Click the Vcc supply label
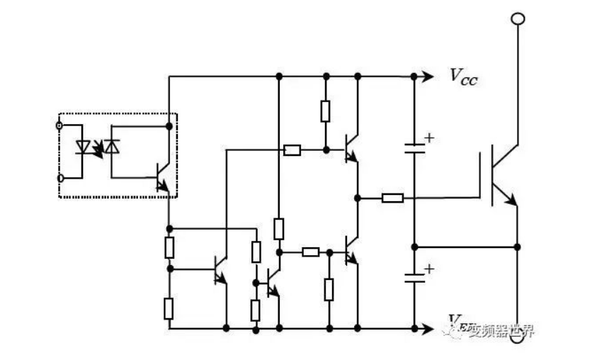click(x=464, y=77)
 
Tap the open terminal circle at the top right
click(x=518, y=18)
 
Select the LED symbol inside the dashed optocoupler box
click(x=83, y=147)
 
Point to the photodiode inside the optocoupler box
click(x=112, y=146)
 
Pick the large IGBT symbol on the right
click(x=502, y=174)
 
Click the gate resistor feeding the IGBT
click(x=392, y=198)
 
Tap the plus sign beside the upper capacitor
click(x=428, y=137)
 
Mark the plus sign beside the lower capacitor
click(x=428, y=269)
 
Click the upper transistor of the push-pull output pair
click(x=351, y=148)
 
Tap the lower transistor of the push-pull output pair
click(x=351, y=252)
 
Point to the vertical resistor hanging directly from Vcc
click(x=325, y=111)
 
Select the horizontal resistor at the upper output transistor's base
click(x=292, y=150)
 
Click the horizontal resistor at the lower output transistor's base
click(x=310, y=252)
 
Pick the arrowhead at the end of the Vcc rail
click(x=428, y=77)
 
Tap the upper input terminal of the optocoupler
click(x=59, y=126)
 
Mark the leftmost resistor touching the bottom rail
click(x=169, y=308)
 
